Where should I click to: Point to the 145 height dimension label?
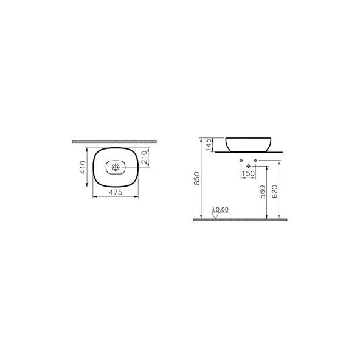[x=208, y=144]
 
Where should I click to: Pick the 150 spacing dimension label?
[x=247, y=174]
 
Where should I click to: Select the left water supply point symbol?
[x=241, y=161]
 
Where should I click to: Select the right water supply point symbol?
[x=255, y=161]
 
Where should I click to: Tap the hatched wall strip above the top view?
[x=116, y=140]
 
